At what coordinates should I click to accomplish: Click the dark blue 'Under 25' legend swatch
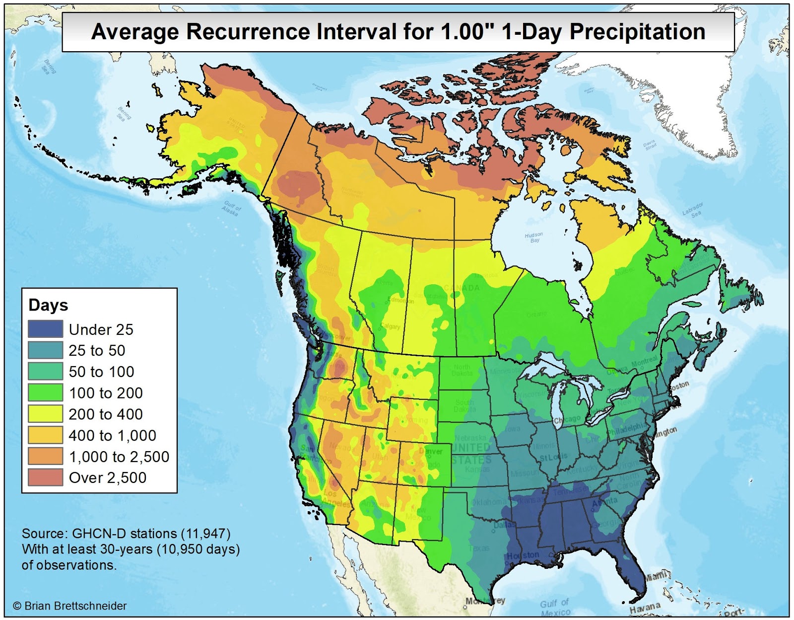(x=45, y=329)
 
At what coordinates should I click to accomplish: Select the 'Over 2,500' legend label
(x=107, y=478)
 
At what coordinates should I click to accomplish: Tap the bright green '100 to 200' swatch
(x=45, y=392)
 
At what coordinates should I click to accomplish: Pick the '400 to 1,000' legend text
(x=112, y=436)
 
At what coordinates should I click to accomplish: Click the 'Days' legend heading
(x=48, y=305)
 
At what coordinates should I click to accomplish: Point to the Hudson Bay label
(x=534, y=237)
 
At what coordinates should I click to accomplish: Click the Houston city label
(x=523, y=555)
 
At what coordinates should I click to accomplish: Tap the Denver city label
(x=430, y=452)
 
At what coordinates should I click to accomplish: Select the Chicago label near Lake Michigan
(x=567, y=420)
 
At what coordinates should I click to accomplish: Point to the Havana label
(x=645, y=608)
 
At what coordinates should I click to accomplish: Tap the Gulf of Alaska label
(x=231, y=208)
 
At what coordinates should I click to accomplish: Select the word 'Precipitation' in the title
(x=637, y=32)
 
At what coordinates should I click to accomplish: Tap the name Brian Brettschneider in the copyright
(x=75, y=606)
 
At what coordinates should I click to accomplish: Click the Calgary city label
(x=390, y=326)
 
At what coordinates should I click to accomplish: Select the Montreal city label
(x=644, y=362)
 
